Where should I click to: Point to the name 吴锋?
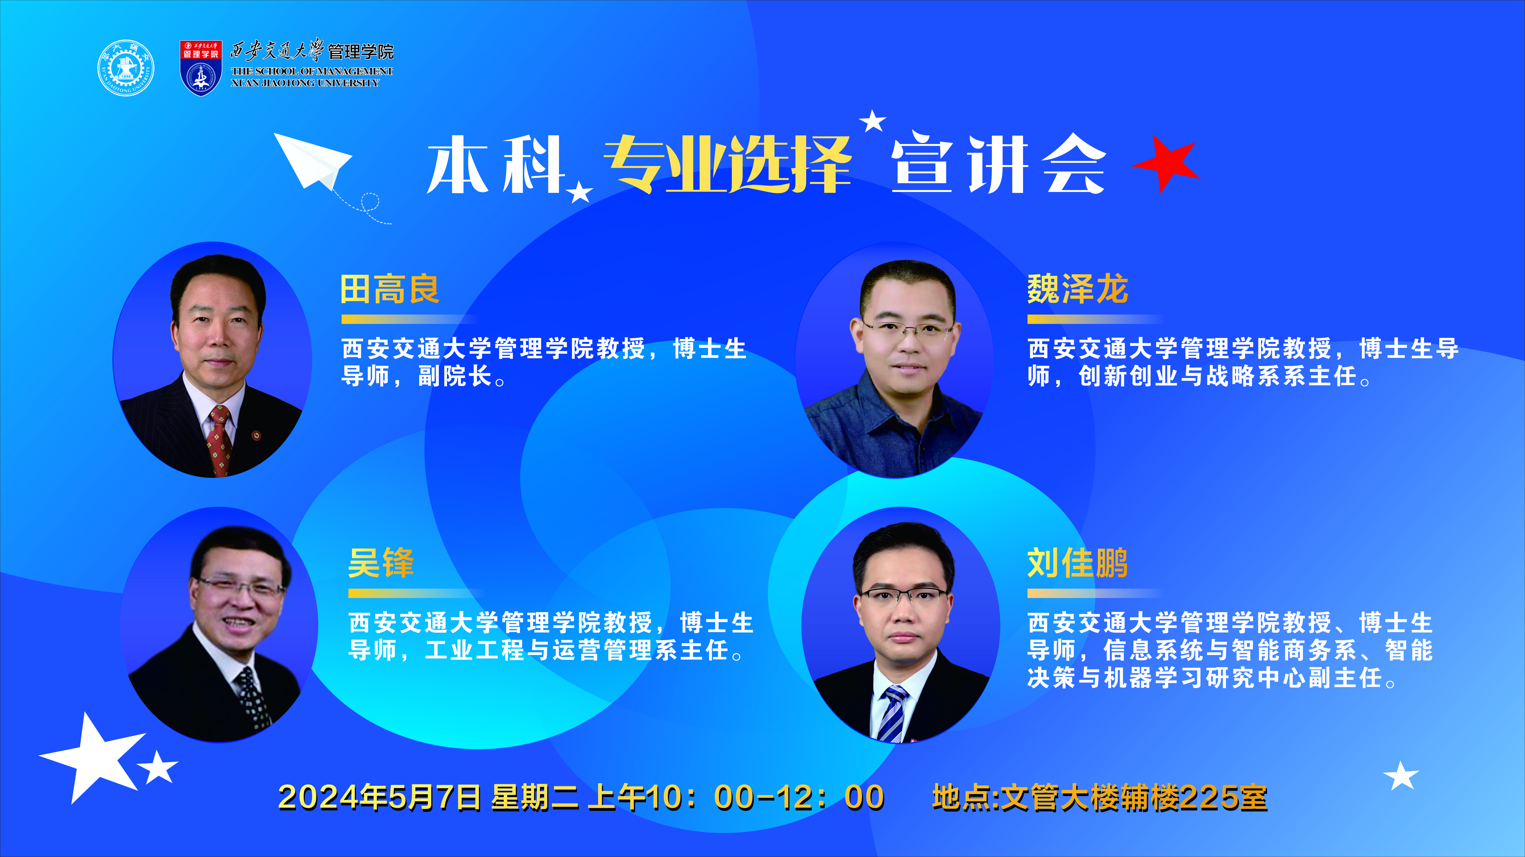tap(381, 563)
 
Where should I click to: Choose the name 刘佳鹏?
tap(1077, 563)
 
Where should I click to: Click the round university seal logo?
tap(126, 68)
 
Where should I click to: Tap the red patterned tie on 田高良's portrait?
tap(219, 441)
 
